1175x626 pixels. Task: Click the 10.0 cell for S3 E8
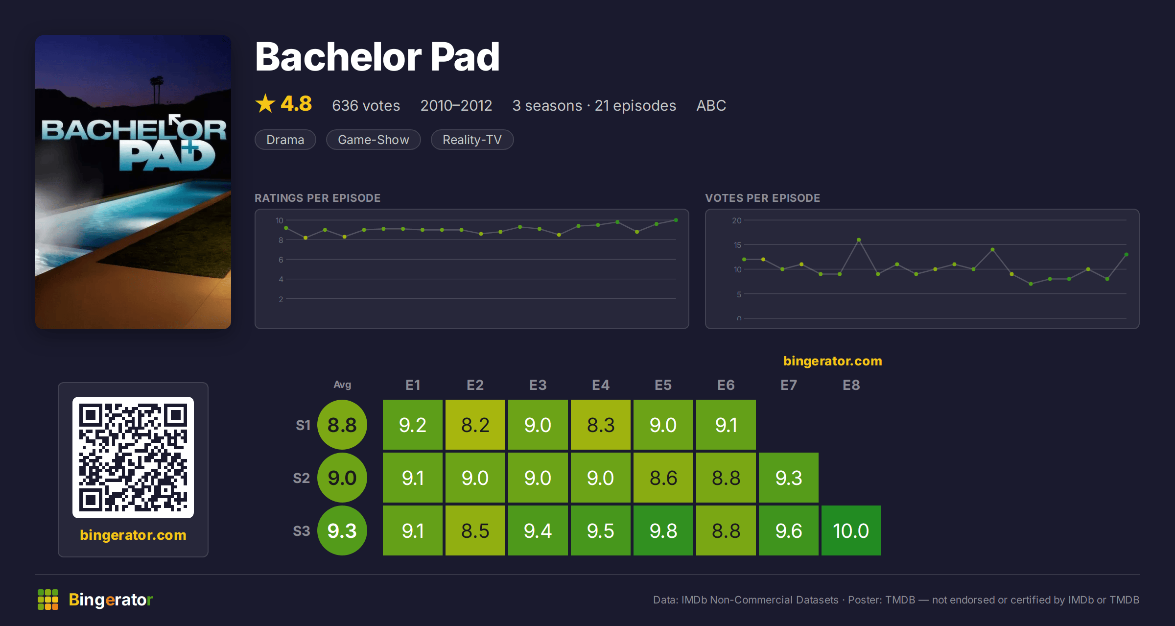tap(851, 530)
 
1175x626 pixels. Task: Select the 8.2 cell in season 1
tap(475, 425)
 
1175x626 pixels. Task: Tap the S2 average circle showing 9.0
tap(342, 478)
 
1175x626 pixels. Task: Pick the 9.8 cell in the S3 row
tap(663, 530)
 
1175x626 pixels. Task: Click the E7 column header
tap(789, 385)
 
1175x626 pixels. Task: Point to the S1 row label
tap(303, 425)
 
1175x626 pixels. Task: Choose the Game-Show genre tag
tap(374, 140)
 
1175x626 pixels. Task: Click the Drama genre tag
tap(285, 140)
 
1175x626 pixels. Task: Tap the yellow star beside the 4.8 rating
tap(265, 103)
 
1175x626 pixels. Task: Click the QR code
tap(133, 457)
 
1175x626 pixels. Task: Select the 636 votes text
tap(366, 105)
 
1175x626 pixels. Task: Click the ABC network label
tap(711, 105)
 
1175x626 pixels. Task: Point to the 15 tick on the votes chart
tap(737, 245)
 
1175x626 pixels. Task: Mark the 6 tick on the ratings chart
tap(281, 260)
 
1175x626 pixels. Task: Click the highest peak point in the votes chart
tap(859, 240)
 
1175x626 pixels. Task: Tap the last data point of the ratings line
tap(676, 220)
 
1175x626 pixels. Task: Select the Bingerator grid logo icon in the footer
tap(48, 600)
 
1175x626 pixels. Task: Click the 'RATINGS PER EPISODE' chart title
tap(318, 198)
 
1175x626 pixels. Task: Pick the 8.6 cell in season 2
tap(663, 478)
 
